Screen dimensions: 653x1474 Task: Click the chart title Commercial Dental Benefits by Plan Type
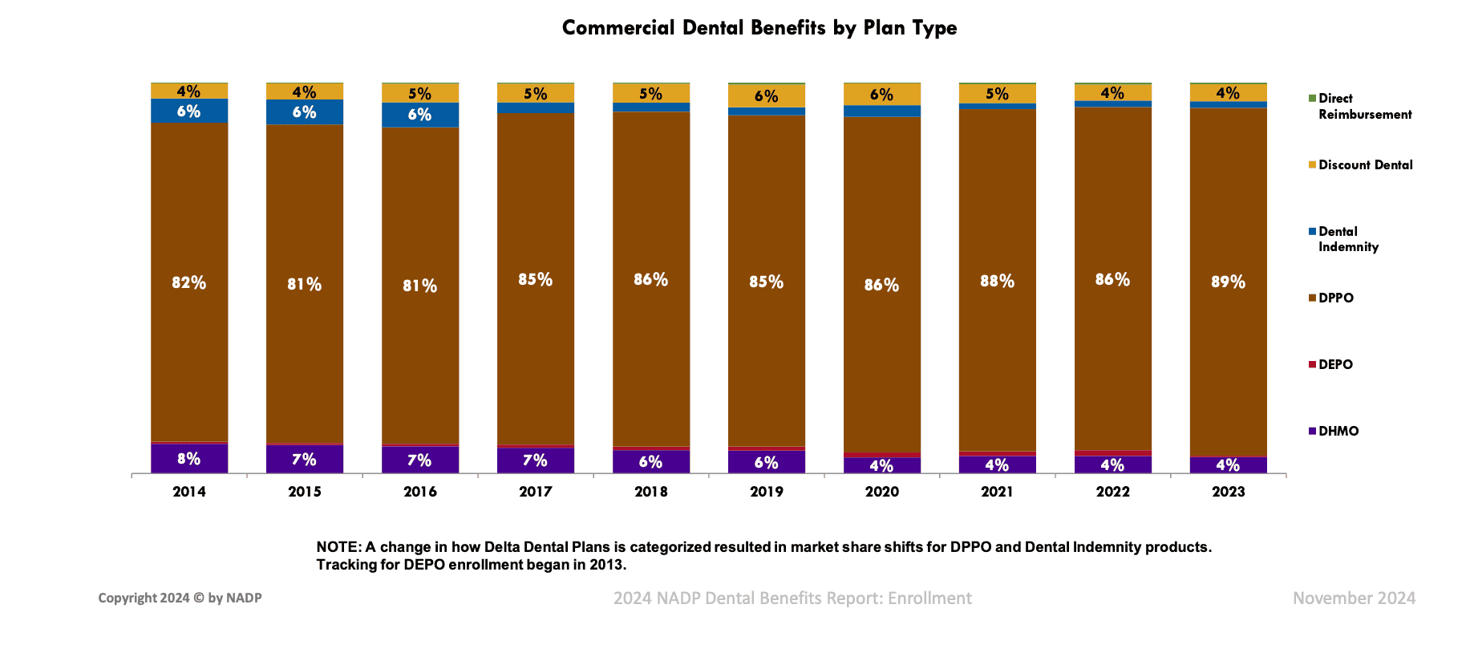[759, 28]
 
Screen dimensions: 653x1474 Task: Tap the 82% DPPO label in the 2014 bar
[188, 282]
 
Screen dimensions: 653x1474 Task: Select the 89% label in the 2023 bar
[1228, 282]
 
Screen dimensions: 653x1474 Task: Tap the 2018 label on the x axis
[650, 492]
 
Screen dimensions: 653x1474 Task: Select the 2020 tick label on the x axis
[881, 492]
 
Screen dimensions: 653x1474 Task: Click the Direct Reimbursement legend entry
[1364, 106]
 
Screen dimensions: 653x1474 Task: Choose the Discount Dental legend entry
[1365, 164]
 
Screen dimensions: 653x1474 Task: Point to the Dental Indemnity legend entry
[1348, 239]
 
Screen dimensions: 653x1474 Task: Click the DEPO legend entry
[1335, 364]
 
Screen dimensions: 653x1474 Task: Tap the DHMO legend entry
[1338, 431]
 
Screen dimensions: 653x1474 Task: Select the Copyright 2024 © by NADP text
[180, 598]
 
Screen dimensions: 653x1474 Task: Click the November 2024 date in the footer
[1354, 598]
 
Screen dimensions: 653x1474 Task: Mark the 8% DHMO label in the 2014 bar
[188, 459]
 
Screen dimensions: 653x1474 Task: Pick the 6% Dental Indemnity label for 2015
[304, 112]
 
